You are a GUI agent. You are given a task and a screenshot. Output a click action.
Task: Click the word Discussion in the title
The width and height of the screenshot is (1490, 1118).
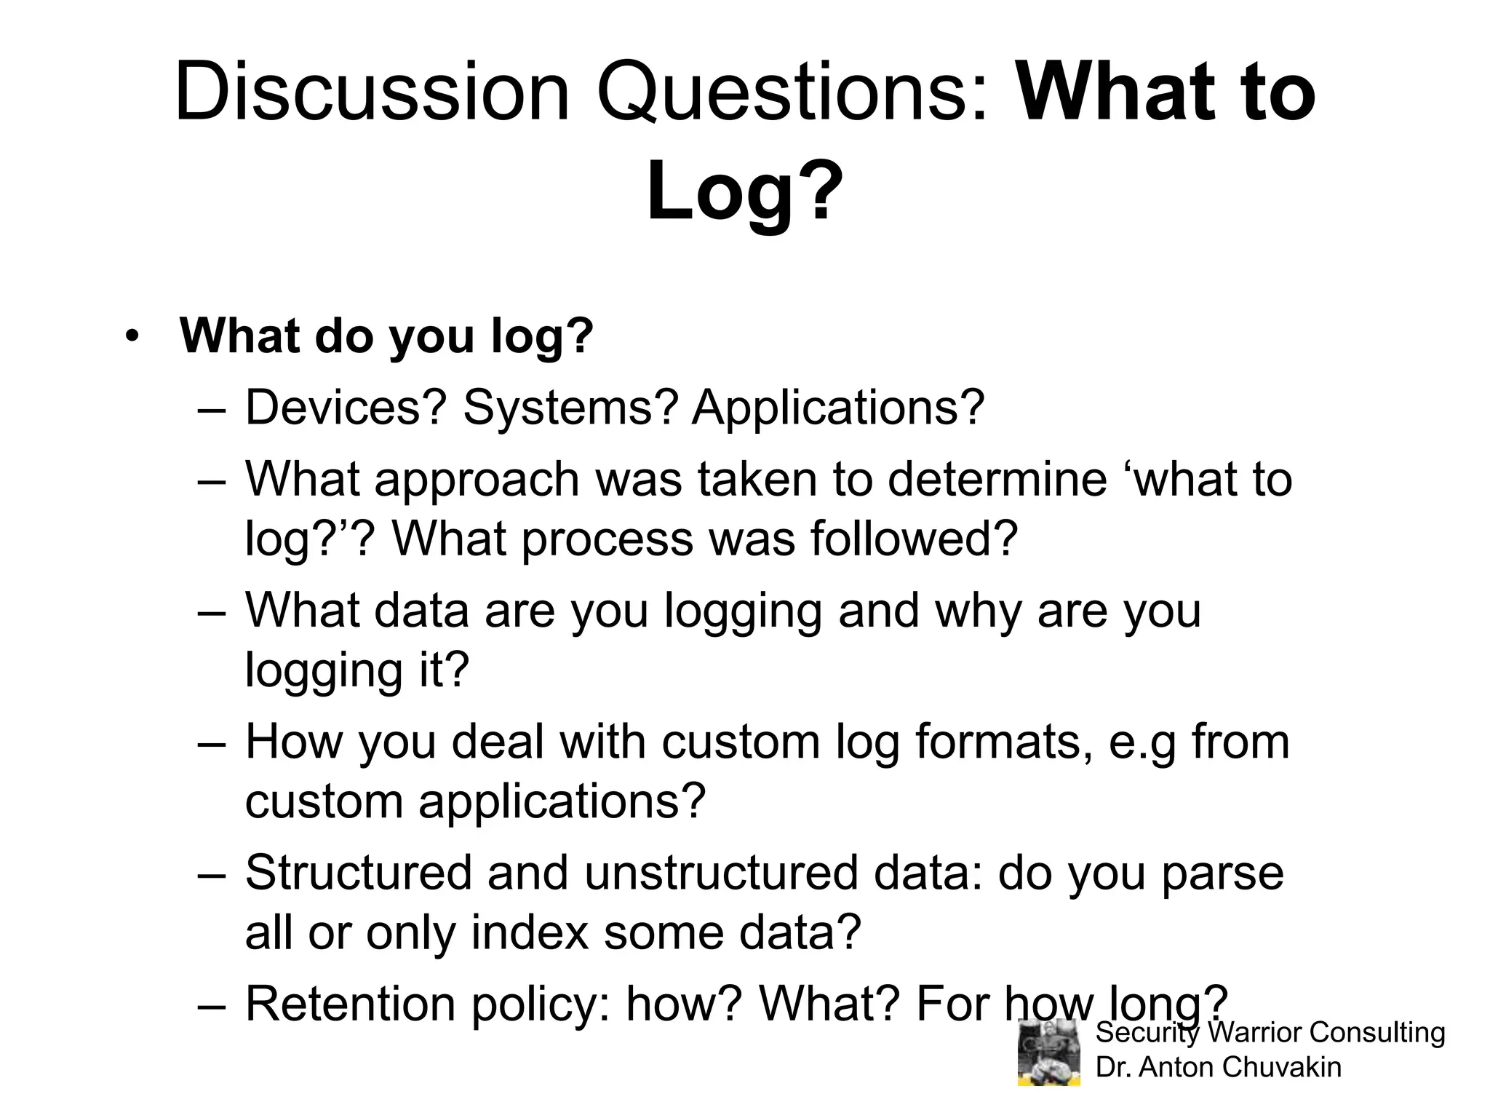372,93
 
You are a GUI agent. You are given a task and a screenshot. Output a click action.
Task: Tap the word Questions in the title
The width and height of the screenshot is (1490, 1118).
793,93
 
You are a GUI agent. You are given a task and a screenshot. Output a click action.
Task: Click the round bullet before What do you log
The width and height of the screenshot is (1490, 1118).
131,336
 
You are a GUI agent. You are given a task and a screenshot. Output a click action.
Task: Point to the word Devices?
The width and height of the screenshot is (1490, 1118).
345,408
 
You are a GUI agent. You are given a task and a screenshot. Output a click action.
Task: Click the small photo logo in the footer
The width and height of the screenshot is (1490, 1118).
1048,1052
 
